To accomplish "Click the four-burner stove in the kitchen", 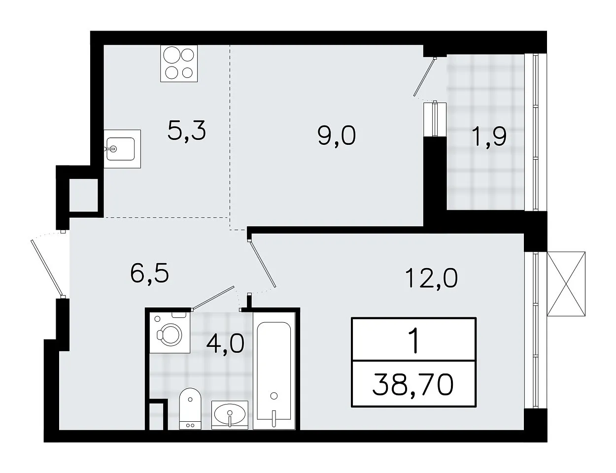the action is [179, 64].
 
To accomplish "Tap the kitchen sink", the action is [122, 149].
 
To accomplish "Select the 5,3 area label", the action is [187, 131].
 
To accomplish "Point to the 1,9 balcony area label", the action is [489, 137].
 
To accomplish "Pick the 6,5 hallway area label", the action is [150, 272].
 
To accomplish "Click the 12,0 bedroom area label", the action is [432, 278].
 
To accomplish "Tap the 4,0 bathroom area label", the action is [225, 343].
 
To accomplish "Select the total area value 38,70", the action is [413, 385].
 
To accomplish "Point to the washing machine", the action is [170, 333].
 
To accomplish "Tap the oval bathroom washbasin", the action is [230, 415].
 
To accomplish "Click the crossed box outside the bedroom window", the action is [566, 284].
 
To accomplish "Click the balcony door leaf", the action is [424, 76].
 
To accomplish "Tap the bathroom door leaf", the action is [213, 298].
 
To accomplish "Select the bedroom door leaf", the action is [263, 264].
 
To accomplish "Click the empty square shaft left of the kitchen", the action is [84, 195].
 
